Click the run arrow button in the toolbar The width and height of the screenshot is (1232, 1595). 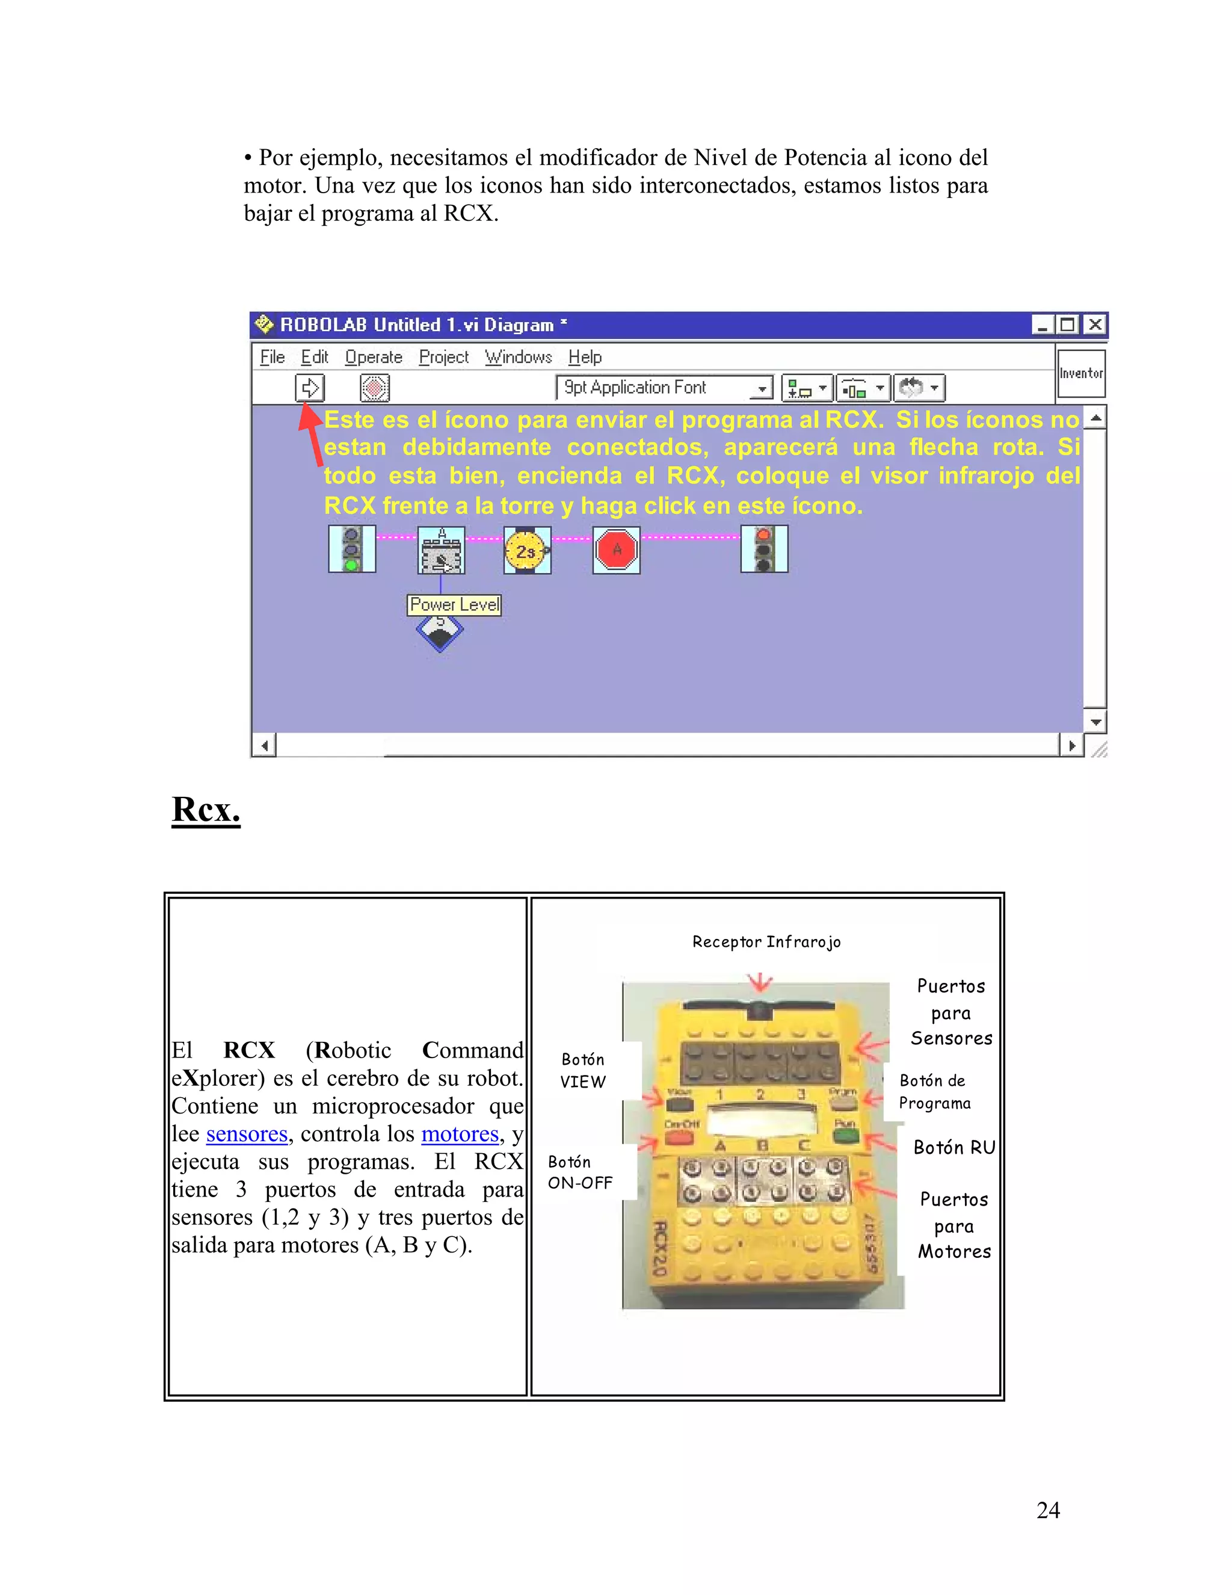coord(309,387)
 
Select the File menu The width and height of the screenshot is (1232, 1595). coord(273,357)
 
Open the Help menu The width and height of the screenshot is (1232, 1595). coord(585,357)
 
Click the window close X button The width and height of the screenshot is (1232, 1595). coord(1095,324)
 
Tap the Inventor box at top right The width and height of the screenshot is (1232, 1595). coord(1081,373)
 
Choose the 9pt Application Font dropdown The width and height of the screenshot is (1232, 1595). coord(664,388)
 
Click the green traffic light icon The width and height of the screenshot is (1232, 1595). coord(352,549)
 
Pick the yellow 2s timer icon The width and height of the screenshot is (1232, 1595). coord(526,551)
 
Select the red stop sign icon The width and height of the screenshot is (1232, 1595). coord(617,550)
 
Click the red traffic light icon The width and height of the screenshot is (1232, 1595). coord(764,549)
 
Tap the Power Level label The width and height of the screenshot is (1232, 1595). coord(454,605)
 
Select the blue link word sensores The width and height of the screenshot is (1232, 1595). coord(247,1134)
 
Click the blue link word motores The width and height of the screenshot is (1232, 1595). coord(460,1134)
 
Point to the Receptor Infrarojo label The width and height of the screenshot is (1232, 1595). coord(766,942)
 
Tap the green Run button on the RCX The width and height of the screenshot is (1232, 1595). coord(845,1136)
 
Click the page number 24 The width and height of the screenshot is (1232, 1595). coord(1048,1510)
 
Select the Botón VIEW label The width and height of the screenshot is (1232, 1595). coord(582,1071)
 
